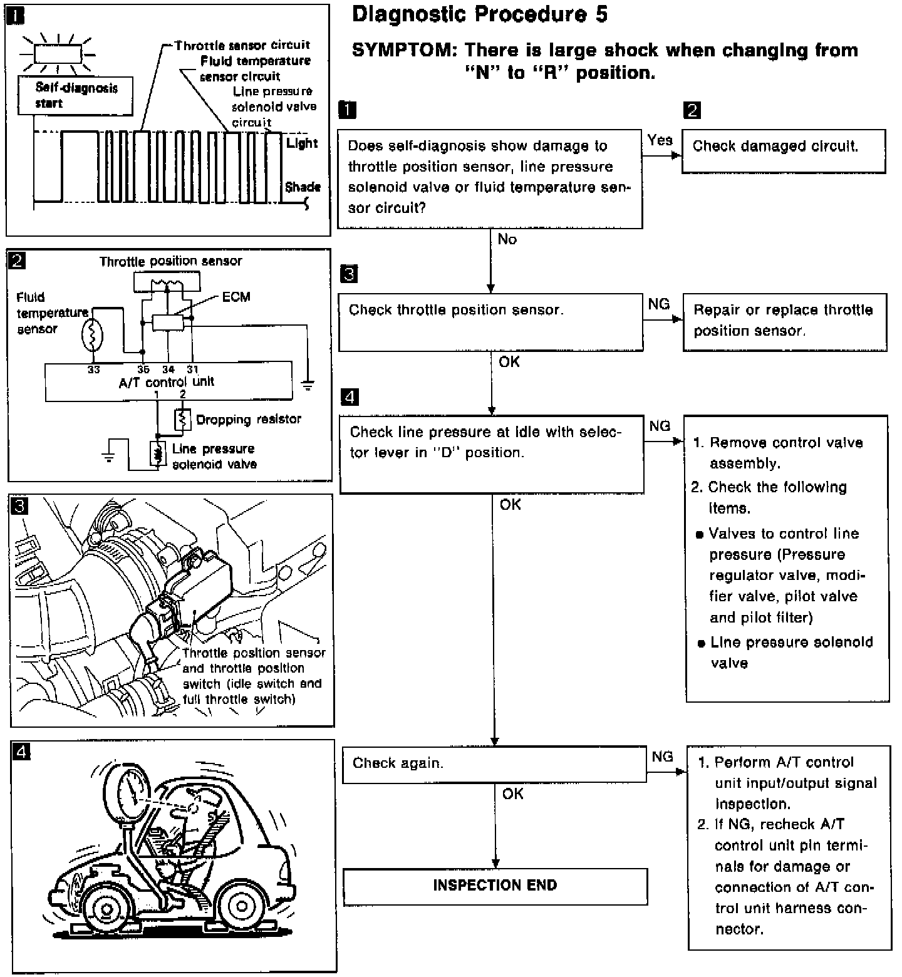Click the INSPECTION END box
click(x=495, y=886)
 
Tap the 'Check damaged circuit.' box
click(x=783, y=150)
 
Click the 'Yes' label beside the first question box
click(x=660, y=140)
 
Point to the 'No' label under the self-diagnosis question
click(x=507, y=239)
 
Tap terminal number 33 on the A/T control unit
click(x=93, y=370)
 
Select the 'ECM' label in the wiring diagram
click(x=236, y=297)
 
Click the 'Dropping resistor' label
click(x=249, y=420)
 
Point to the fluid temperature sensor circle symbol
click(x=92, y=335)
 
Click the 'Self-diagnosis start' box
click(x=76, y=96)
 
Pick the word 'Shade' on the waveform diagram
click(x=303, y=187)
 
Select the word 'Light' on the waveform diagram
click(x=303, y=143)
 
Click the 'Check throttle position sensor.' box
click(x=490, y=322)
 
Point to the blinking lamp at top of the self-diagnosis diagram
click(x=57, y=53)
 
